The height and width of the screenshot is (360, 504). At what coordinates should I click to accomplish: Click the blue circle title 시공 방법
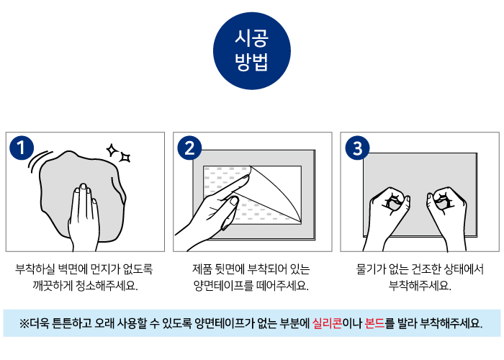pos(252,51)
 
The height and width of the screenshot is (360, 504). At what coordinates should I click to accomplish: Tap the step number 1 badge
pos(22,148)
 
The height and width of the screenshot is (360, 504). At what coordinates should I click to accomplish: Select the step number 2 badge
pos(189,148)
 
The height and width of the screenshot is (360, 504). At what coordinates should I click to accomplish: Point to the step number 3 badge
pos(357,148)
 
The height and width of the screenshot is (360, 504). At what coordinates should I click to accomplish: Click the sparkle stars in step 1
pos(118,153)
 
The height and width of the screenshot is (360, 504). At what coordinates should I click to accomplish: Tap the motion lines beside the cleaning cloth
pos(39,160)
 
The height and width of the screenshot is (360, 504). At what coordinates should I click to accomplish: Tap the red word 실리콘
pos(327,323)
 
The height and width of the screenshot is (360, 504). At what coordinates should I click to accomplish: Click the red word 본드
pos(375,323)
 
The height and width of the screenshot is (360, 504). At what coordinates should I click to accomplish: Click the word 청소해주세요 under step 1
pos(107,285)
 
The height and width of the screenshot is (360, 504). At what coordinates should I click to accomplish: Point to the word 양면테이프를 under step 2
pos(223,285)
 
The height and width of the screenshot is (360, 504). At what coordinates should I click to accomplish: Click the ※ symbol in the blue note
pos(24,323)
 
